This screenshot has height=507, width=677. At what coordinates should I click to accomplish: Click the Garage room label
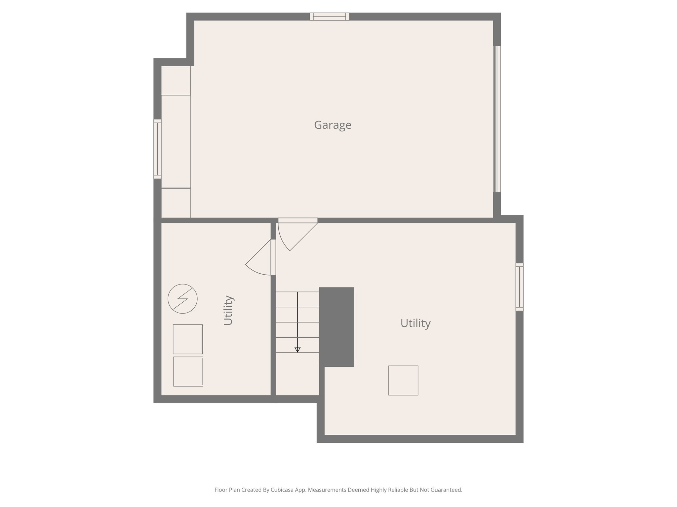click(332, 125)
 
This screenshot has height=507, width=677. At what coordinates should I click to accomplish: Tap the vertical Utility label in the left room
click(228, 310)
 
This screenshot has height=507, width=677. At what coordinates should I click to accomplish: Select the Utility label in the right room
click(415, 323)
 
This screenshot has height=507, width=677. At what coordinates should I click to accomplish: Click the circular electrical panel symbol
click(182, 299)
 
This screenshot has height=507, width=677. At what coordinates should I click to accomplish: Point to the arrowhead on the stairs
click(297, 350)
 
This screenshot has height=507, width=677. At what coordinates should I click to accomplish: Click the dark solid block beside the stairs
click(337, 326)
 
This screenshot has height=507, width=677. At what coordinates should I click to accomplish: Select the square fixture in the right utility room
click(403, 380)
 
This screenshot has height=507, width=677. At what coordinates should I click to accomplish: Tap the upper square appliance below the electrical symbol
click(187, 339)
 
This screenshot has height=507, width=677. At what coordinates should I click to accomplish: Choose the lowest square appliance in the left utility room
click(188, 371)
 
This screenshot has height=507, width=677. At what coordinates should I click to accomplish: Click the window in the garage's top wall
click(329, 17)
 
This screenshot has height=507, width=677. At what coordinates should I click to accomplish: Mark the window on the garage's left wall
click(157, 149)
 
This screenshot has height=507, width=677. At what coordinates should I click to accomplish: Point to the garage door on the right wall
click(497, 119)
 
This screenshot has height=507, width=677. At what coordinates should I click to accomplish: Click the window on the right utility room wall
click(519, 287)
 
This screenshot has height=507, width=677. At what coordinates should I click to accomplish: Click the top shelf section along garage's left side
click(176, 81)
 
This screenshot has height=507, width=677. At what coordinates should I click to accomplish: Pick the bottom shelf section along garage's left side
click(176, 203)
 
